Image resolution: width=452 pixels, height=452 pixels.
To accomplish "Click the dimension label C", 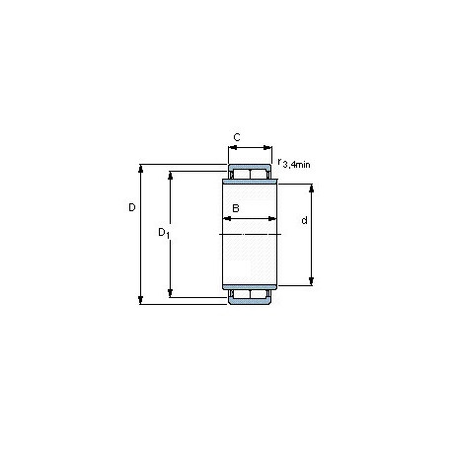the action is pyautogui.click(x=237, y=137).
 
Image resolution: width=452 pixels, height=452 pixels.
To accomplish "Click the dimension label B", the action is pyautogui.click(x=236, y=208).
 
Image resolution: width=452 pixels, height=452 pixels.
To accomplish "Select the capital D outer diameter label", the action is pyautogui.click(x=132, y=207).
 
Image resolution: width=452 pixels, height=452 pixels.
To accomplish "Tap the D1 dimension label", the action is pyautogui.click(x=164, y=233).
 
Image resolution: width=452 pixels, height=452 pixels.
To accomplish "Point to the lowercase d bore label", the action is pyautogui.click(x=305, y=220).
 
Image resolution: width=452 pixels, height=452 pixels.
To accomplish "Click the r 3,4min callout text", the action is pyautogui.click(x=294, y=164).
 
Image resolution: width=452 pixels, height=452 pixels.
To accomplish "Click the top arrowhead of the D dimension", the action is pyautogui.click(x=141, y=169).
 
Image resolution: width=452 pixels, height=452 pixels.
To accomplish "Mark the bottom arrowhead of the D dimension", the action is pyautogui.click(x=141, y=300).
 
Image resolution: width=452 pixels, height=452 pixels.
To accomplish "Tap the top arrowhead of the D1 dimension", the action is pyautogui.click(x=171, y=176).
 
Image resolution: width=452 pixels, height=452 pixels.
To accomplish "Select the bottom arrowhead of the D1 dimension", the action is pyautogui.click(x=171, y=293).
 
